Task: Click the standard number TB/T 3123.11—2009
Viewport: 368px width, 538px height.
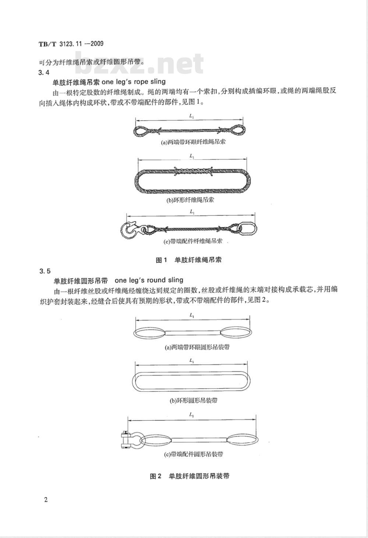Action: (x=71, y=44)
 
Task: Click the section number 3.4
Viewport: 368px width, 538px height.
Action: (x=44, y=72)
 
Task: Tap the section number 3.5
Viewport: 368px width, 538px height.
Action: (x=44, y=271)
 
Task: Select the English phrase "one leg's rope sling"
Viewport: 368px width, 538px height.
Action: (x=133, y=82)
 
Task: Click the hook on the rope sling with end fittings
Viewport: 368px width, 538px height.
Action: (x=130, y=230)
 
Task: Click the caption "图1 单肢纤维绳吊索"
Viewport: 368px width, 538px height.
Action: (x=188, y=260)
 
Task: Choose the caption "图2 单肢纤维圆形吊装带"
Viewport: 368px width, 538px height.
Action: (x=190, y=476)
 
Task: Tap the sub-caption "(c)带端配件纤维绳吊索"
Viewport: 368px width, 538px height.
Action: (x=192, y=242)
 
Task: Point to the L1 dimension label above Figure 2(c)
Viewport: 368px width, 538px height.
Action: (x=192, y=415)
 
